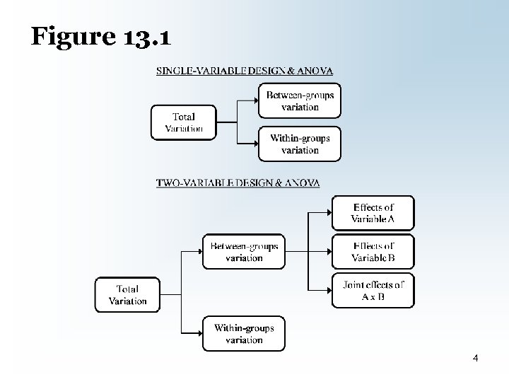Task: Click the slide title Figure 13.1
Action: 100,36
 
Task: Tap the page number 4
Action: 476,359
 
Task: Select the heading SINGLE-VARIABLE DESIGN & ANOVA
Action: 245,71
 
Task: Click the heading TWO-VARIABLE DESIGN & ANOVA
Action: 238,183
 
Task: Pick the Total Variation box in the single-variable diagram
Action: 184,122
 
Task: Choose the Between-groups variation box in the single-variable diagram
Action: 300,100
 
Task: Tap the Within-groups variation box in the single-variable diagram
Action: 300,144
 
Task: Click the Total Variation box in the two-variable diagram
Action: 128,294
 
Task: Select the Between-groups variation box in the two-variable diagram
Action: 244,252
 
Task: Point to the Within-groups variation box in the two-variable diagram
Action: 244,334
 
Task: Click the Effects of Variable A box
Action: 373,213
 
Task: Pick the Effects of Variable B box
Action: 373,252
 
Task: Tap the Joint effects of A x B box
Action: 373,290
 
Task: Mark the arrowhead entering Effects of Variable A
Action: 329,213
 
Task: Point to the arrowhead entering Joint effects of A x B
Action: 329,290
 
